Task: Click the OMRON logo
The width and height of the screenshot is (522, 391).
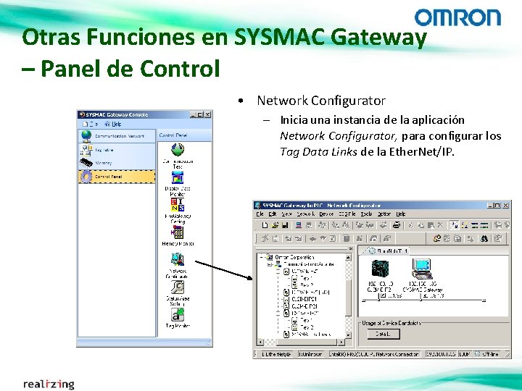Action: point(457,17)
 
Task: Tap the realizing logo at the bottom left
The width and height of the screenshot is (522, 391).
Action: point(49,383)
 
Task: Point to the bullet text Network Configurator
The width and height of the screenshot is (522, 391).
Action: point(321,101)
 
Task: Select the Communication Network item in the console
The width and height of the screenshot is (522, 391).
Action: point(116,135)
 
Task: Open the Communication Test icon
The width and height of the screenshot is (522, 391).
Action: point(178,151)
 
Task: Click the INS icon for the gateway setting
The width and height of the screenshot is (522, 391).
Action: point(178,203)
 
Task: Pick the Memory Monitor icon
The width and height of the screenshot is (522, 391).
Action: point(178,232)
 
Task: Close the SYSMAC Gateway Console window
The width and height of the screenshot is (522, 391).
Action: point(207,114)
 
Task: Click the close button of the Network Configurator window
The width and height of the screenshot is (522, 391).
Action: point(506,205)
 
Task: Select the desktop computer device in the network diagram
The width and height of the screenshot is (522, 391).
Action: point(420,269)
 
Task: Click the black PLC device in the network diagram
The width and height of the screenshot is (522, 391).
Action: point(381,269)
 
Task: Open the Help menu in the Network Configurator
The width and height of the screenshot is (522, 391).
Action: point(401,214)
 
